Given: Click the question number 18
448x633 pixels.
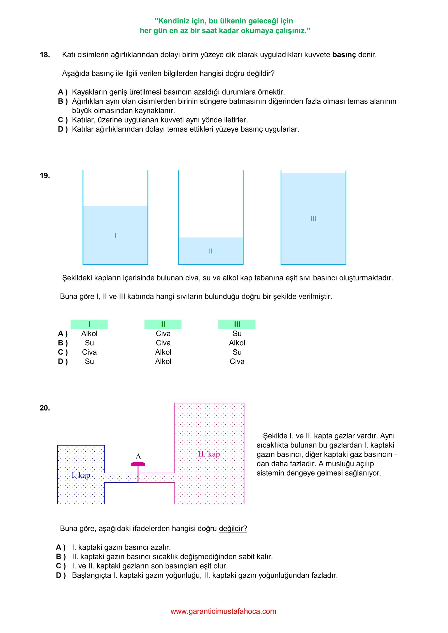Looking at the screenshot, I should tap(45, 55).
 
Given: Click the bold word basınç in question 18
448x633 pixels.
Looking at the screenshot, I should tap(344, 55).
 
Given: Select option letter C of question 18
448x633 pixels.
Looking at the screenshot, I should tap(62, 120).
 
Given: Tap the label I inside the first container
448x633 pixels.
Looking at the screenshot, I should tap(115, 235).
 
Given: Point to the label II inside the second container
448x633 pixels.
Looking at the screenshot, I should tap(211, 251).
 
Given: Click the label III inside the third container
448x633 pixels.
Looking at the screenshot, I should tap(313, 219).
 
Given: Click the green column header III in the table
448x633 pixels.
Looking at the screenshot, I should tap(237, 324).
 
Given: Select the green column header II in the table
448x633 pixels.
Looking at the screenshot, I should tap(163, 324).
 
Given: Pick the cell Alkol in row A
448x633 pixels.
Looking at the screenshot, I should tap(89, 334).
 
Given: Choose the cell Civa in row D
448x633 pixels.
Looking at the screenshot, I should tap(237, 362).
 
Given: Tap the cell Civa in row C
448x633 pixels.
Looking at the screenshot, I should tap(89, 352).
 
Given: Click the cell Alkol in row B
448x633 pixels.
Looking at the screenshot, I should tap(237, 343).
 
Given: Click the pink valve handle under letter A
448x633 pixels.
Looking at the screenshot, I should tap(138, 464).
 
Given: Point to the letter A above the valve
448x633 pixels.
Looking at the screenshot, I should tap(138, 456).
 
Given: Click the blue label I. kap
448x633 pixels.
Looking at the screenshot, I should tap(81, 475).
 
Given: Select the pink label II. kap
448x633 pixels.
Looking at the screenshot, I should tap(209, 454).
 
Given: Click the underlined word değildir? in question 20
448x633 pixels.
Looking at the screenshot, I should tap(233, 528).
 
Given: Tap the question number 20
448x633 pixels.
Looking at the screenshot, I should tap(45, 408).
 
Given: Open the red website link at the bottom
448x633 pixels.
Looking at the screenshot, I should tap(223, 611).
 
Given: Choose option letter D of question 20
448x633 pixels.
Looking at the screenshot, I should tap(60, 575).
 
